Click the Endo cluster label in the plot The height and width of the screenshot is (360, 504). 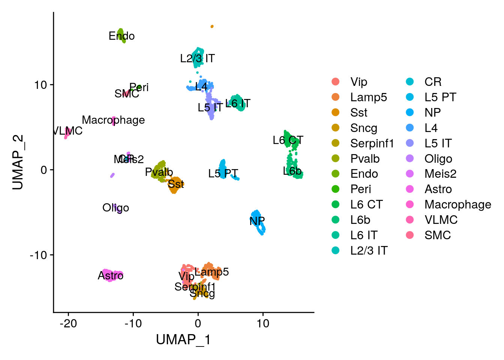pyautogui.click(x=121, y=36)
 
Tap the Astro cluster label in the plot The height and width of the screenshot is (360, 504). pyautogui.click(x=111, y=276)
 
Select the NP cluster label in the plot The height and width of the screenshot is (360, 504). pyautogui.click(x=257, y=221)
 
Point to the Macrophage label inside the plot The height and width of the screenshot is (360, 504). pyautogui.click(x=113, y=120)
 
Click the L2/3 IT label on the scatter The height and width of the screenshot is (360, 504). pyautogui.click(x=197, y=58)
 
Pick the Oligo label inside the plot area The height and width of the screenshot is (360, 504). pyautogui.click(x=115, y=208)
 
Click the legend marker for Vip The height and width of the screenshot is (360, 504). pyautogui.click(x=336, y=82)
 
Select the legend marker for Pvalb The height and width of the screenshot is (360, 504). pyautogui.click(x=336, y=159)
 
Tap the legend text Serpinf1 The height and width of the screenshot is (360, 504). pyautogui.click(x=372, y=143)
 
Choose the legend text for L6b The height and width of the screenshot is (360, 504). pyautogui.click(x=360, y=220)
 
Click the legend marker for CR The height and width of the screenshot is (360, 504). pyautogui.click(x=410, y=82)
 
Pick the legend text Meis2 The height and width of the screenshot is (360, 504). pyautogui.click(x=440, y=174)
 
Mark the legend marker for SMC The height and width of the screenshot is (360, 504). pyautogui.click(x=410, y=235)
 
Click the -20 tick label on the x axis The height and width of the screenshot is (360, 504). pyautogui.click(x=68, y=323)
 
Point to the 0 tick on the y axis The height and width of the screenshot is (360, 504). pyautogui.click(x=44, y=170)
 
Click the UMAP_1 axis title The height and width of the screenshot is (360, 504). pyautogui.click(x=183, y=340)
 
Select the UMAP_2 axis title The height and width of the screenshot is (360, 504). pyautogui.click(x=18, y=162)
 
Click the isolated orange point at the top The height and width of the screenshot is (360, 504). pyautogui.click(x=212, y=26)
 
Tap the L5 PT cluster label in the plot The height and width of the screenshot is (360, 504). pyautogui.click(x=223, y=173)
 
